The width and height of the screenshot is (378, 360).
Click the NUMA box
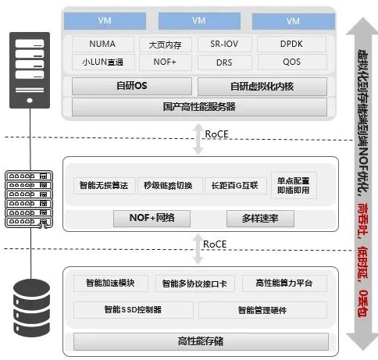[102, 45]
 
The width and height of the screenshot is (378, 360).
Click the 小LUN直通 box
[102, 62]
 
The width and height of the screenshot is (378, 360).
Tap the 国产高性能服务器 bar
[198, 106]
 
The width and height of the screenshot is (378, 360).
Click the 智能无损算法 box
[102, 187]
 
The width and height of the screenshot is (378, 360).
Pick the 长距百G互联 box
[233, 187]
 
